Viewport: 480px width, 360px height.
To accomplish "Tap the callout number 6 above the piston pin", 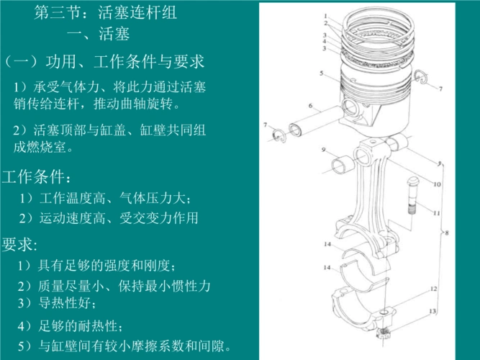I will point(310,106).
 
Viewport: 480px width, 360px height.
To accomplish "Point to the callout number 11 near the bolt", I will point(436,213).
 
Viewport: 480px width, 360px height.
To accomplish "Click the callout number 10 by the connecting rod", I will point(436,184).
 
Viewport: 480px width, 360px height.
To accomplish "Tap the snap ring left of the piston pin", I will point(278,135).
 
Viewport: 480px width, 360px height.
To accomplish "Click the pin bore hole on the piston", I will point(353,108).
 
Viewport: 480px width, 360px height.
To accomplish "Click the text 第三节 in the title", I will point(57,12).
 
